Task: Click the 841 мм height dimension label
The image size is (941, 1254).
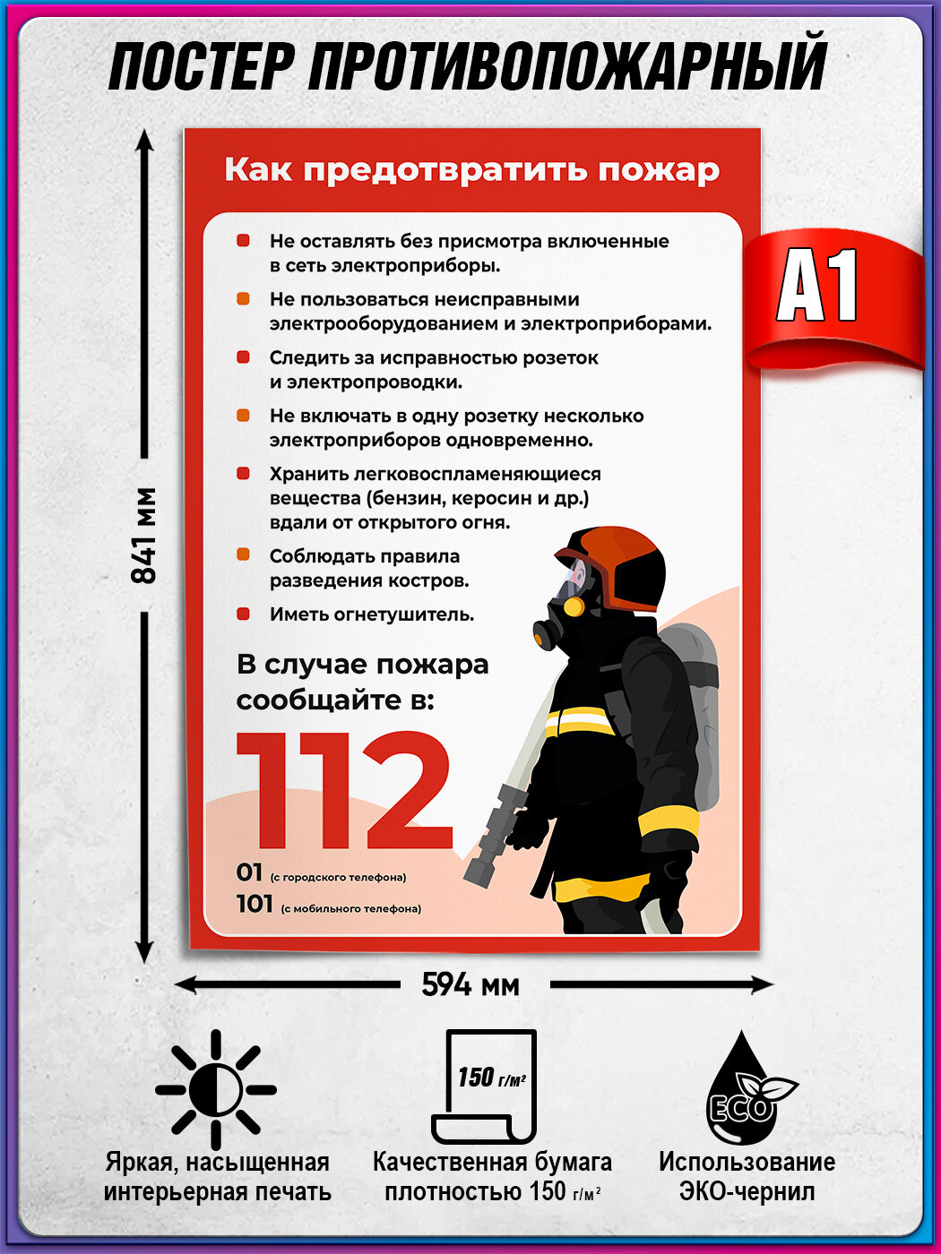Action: pyautogui.click(x=143, y=536)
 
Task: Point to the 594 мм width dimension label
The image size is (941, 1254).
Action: pyautogui.click(x=470, y=985)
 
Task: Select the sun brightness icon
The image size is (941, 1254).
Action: pyautogui.click(x=216, y=1090)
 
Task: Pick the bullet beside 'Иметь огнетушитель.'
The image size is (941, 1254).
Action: pyautogui.click(x=243, y=614)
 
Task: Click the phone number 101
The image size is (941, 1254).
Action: pyautogui.click(x=255, y=904)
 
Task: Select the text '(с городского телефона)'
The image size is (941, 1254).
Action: pyautogui.click(x=338, y=877)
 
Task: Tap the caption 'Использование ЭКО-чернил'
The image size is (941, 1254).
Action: pyautogui.click(x=747, y=1176)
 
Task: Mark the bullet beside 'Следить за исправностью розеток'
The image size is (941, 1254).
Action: pyautogui.click(x=243, y=357)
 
